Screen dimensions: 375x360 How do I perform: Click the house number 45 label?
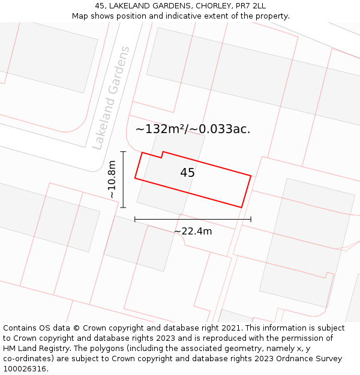[x=187, y=173]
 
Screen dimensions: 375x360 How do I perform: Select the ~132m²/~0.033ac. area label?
[x=193, y=129]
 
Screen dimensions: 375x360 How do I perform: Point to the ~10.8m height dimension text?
[x=112, y=179]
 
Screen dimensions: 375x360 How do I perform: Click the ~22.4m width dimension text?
[x=193, y=231]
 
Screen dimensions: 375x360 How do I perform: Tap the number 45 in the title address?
[x=100, y=6]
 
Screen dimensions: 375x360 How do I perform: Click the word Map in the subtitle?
[x=80, y=16]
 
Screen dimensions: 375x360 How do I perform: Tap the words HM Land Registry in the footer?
[x=35, y=349]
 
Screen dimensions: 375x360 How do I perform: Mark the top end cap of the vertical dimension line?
[x=123, y=152]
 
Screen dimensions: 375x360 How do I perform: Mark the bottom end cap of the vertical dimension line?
[x=123, y=208]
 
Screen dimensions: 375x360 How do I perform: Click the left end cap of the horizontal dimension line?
[x=135, y=220]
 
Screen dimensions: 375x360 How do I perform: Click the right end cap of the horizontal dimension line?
[x=251, y=220]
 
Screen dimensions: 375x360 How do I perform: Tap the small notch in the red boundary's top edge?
[x=162, y=155]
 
